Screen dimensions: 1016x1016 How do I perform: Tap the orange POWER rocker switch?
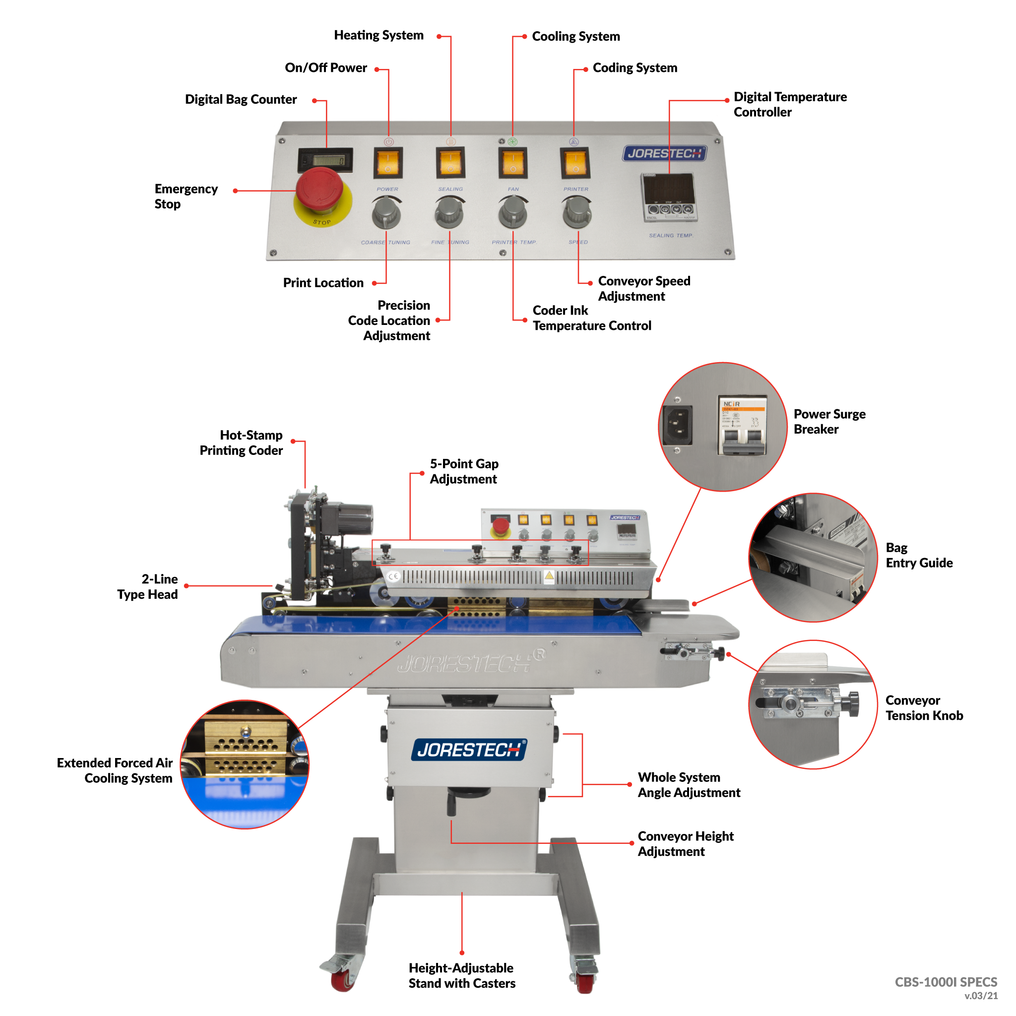(388, 163)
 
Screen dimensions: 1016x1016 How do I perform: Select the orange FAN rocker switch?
(513, 163)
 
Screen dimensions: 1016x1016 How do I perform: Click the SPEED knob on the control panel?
(577, 212)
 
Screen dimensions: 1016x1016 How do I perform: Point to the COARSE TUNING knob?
(386, 213)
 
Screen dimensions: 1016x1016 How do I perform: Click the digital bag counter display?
(325, 160)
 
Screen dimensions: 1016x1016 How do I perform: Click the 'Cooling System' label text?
(576, 36)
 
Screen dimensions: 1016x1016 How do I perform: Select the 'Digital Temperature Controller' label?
(789, 104)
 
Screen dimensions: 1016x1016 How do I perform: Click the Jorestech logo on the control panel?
(664, 154)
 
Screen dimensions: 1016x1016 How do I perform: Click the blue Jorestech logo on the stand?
(468, 750)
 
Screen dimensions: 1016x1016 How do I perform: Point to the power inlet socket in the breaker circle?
(678, 425)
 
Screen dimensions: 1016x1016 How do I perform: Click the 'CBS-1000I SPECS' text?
(946, 982)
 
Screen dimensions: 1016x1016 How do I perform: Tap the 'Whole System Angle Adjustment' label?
(689, 785)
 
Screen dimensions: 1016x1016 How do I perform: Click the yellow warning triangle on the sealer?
(549, 575)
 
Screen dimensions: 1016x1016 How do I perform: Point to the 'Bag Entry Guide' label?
(918, 555)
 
